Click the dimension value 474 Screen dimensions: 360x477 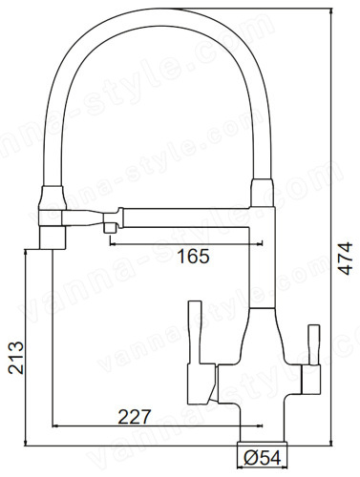(345, 258)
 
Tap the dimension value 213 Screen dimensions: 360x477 (16, 358)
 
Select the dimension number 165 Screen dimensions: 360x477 (193, 257)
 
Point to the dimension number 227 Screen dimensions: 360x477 (134, 417)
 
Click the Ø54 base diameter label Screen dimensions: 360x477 (263, 458)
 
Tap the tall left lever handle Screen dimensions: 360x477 (195, 333)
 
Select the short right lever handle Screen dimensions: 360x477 (313, 345)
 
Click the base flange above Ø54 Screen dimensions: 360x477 (263, 445)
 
